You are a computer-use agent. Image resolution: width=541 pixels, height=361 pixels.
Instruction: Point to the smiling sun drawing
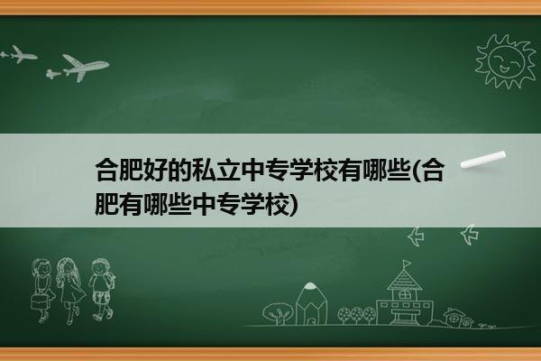point(506,61)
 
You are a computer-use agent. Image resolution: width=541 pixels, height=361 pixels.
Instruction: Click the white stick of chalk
point(483,160)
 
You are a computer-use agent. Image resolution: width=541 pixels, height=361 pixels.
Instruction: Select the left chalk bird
point(416,237)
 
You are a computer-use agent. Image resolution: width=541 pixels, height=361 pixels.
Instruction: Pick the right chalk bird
point(470,235)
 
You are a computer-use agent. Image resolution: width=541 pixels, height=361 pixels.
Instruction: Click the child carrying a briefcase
point(42,291)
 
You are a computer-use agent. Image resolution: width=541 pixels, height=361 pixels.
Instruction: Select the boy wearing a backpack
point(102,290)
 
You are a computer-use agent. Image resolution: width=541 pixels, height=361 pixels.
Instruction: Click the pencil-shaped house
point(311,304)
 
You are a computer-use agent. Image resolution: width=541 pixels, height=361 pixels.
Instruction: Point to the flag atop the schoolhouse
point(408,264)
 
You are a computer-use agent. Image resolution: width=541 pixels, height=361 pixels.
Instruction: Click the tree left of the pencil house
point(278,313)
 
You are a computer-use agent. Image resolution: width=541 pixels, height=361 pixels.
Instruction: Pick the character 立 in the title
point(229,171)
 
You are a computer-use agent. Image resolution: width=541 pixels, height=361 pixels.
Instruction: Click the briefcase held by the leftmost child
point(39,301)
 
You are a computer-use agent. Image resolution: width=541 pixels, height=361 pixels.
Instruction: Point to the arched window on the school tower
point(404,294)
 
